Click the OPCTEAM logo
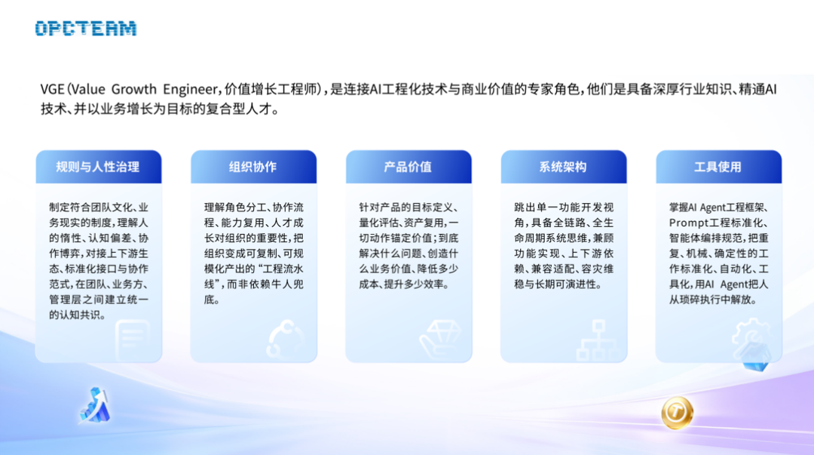tap(86, 28)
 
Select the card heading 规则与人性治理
tap(97, 167)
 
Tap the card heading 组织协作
tap(252, 167)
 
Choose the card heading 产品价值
tap(408, 167)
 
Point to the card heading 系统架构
tap(563, 167)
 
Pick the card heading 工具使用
tap(718, 167)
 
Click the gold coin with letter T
tap(677, 413)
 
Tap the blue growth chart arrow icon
tap(95, 406)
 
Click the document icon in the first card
tap(133, 340)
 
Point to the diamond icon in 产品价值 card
tap(440, 339)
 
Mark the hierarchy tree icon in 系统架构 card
tap(598, 340)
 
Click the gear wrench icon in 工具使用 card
tap(751, 340)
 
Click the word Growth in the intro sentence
tap(134, 90)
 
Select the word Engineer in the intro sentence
tap(191, 90)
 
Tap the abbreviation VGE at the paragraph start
tap(53, 90)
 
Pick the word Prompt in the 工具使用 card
tap(689, 223)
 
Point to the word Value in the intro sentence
tap(88, 90)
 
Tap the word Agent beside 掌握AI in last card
tap(715, 208)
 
